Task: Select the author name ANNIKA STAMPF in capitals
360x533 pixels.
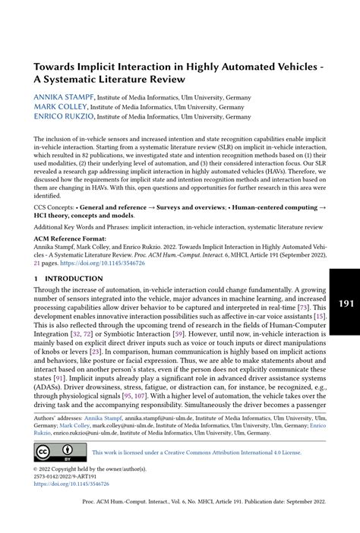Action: tap(63, 97)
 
